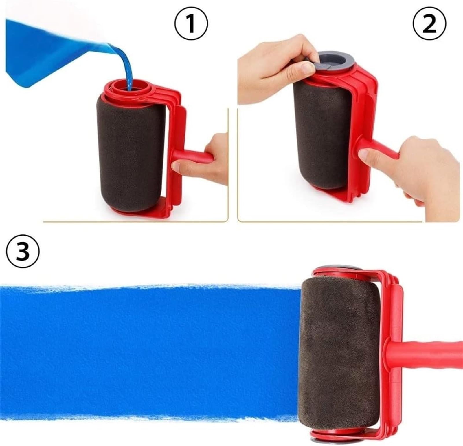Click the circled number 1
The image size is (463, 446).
click(191, 24)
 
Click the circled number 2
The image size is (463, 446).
click(429, 24)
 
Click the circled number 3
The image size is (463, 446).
click(23, 251)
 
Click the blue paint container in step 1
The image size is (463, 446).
click(52, 49)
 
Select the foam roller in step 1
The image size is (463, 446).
click(130, 154)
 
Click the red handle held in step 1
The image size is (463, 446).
click(192, 156)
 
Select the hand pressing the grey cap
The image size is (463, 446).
click(278, 67)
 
